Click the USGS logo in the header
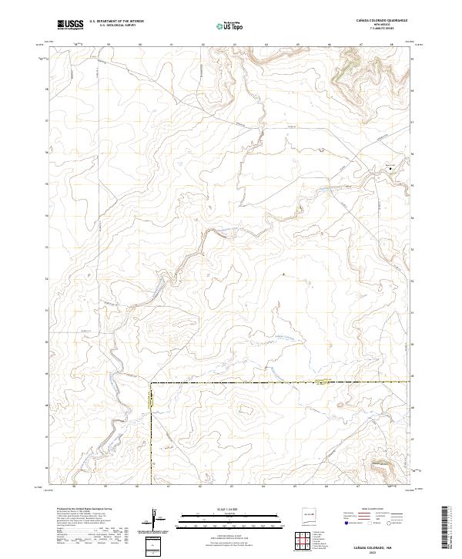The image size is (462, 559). pyautogui.click(x=70, y=25)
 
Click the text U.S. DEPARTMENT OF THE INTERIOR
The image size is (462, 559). pyautogui.click(x=116, y=22)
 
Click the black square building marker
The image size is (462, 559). pyautogui.click(x=390, y=167)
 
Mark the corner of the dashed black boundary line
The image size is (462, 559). pyautogui.click(x=151, y=382)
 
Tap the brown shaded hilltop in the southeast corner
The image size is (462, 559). pyautogui.click(x=383, y=464)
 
